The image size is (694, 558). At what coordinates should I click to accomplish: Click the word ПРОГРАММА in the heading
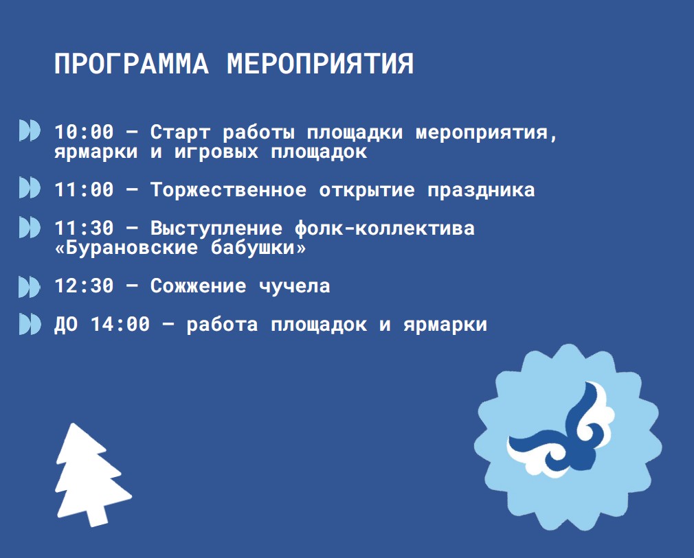click(131, 64)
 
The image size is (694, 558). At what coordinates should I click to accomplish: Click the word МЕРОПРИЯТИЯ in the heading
click(320, 64)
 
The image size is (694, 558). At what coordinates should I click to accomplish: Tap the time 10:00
click(84, 132)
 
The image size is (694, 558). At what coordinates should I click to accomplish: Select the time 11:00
click(84, 190)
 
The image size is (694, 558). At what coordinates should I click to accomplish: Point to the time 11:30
click(84, 229)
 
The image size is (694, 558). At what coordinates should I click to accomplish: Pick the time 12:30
click(84, 286)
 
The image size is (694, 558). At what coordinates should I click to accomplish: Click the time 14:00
click(120, 325)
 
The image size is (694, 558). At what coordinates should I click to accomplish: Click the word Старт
click(180, 132)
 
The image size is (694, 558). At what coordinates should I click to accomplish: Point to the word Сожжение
click(199, 286)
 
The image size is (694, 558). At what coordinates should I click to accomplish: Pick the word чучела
click(295, 286)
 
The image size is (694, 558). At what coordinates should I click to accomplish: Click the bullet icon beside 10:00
click(30, 130)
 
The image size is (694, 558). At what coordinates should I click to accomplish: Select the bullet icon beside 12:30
click(30, 286)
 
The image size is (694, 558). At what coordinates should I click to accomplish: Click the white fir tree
click(93, 475)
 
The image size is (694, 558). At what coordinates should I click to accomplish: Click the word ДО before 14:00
click(66, 325)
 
